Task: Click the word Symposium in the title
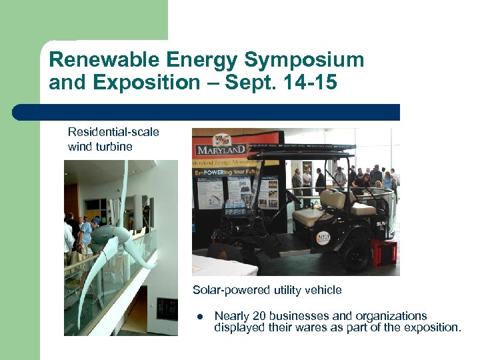coord(304,60)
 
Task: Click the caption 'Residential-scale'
coord(113,132)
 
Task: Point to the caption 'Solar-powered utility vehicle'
coord(267,290)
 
